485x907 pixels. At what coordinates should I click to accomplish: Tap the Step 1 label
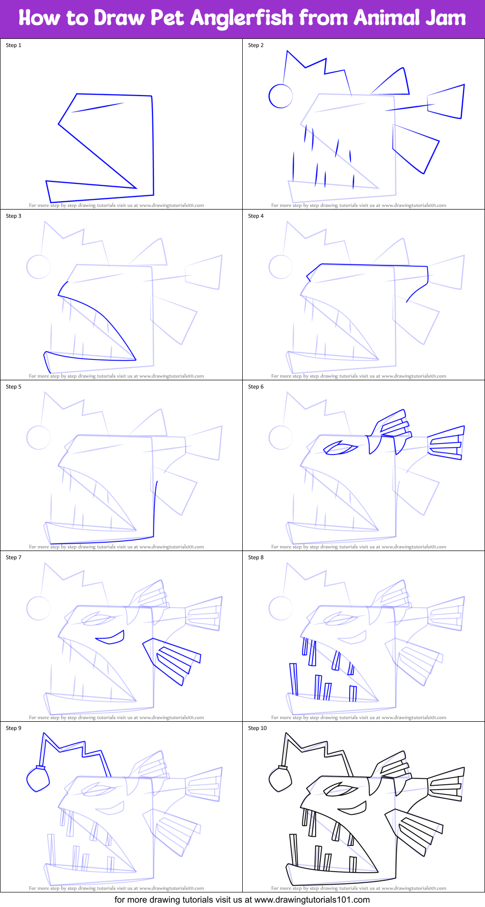(14, 45)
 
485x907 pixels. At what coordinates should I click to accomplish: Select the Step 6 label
(256, 387)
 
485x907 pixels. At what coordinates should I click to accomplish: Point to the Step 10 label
(257, 728)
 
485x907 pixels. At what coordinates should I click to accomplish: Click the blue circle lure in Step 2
(281, 96)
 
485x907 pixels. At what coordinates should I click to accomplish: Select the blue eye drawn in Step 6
(340, 448)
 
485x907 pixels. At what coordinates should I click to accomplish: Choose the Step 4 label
(256, 216)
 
